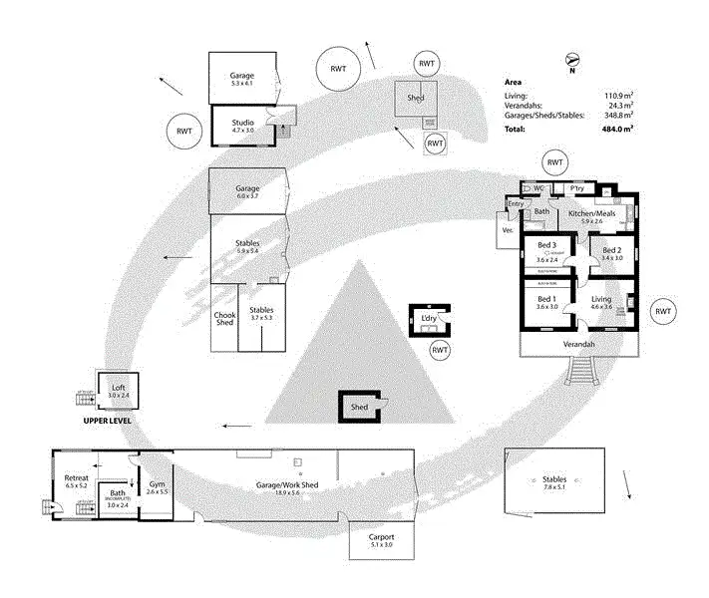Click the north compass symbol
pos(571,61)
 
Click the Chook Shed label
pos(224,318)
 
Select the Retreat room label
pos(76,480)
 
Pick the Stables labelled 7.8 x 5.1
pos(553,482)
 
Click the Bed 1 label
pos(545,301)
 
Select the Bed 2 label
pos(611,252)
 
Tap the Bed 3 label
pos(546,246)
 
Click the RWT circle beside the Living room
pos(663,312)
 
